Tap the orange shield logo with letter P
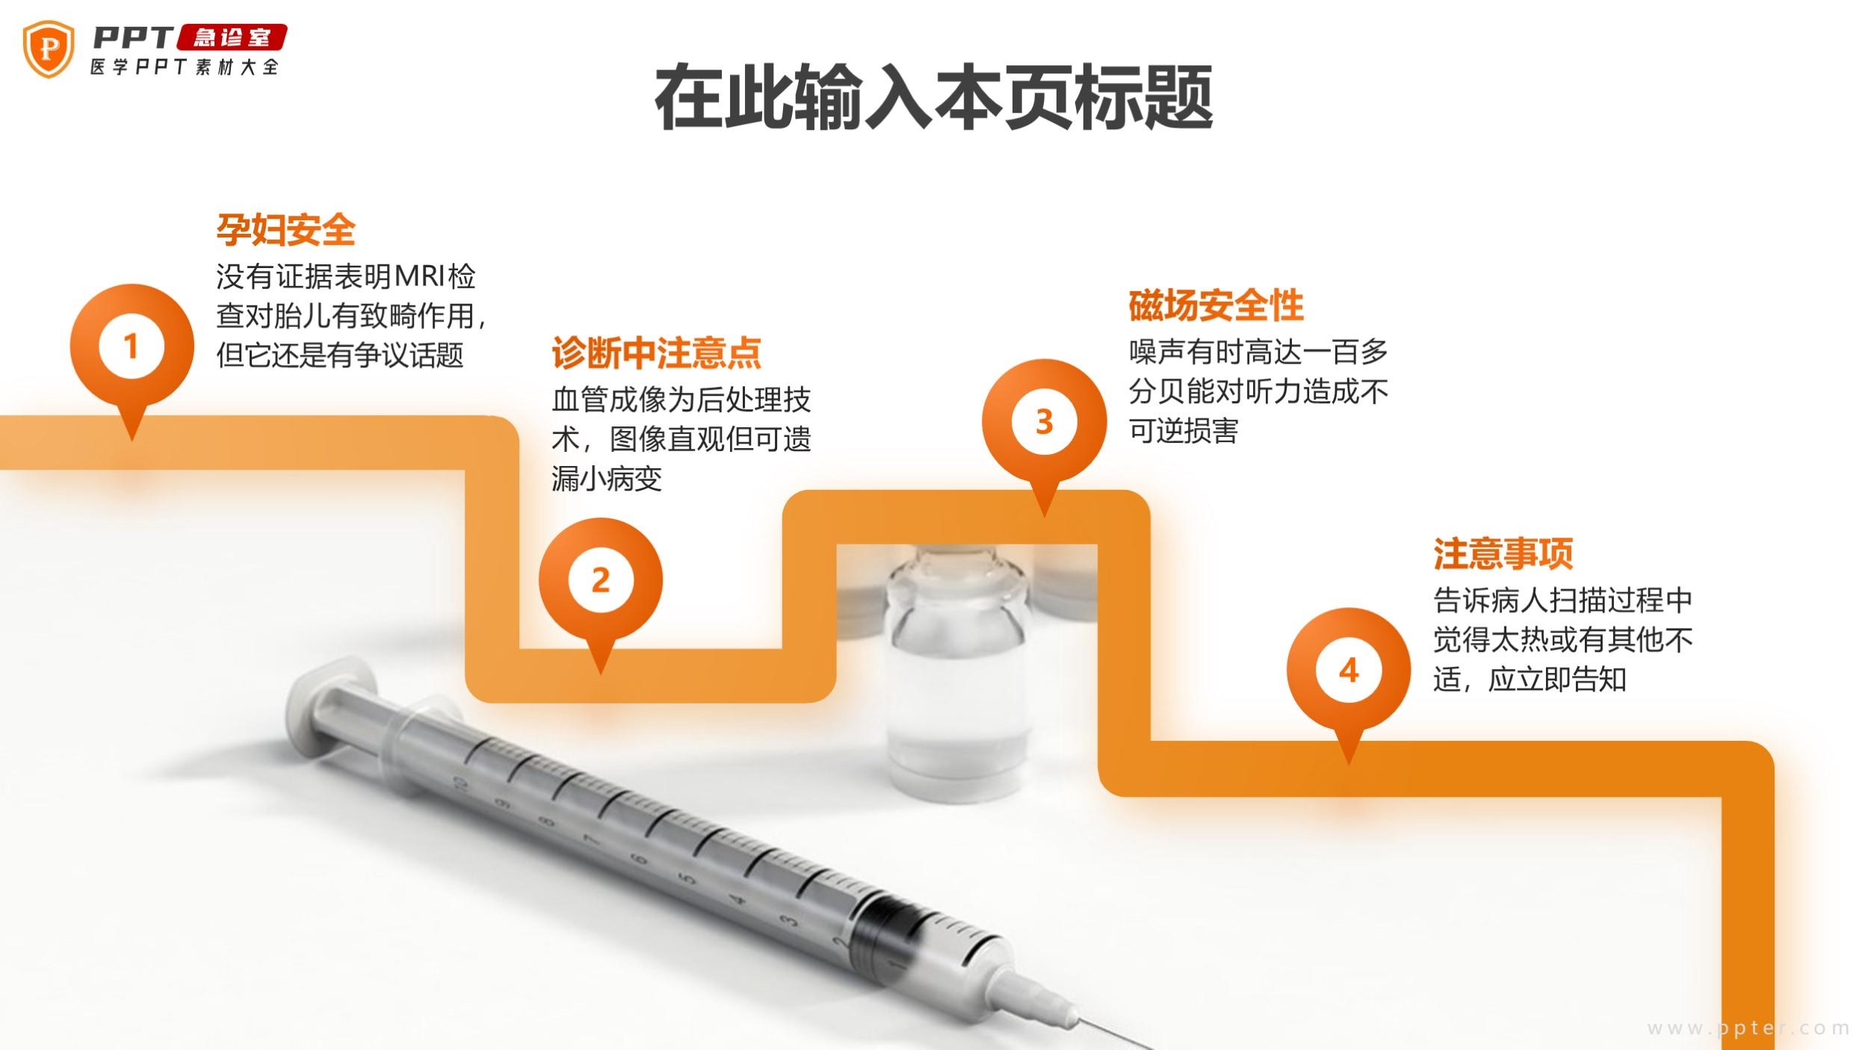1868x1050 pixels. point(49,49)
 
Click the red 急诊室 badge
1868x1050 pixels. point(232,37)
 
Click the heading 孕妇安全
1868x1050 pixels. point(286,229)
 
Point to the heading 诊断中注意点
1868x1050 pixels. point(656,353)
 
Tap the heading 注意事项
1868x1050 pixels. point(1503,554)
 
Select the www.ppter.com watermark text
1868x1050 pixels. point(1748,1028)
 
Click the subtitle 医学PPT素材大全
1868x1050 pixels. point(185,67)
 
